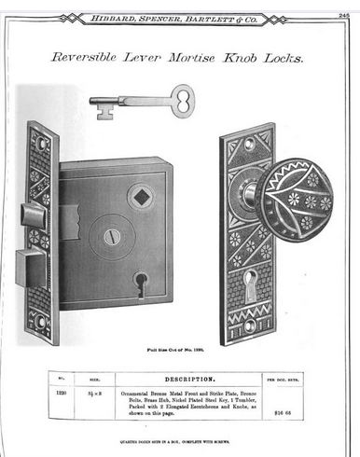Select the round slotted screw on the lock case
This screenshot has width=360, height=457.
click(111, 237)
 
